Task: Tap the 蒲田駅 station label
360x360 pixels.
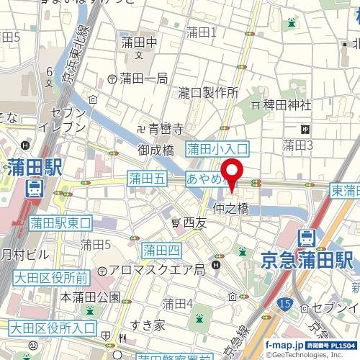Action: [x=35, y=169]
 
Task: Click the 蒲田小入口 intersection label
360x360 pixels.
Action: [x=217, y=149]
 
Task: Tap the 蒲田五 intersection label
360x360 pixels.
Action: [x=147, y=177]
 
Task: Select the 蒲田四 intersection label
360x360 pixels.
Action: [x=161, y=251]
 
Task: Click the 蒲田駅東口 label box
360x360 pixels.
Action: [x=60, y=223]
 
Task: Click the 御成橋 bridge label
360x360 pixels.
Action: [x=157, y=150]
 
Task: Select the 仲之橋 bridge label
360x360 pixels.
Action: [x=231, y=209]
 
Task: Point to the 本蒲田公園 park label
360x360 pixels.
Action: [x=90, y=296]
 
